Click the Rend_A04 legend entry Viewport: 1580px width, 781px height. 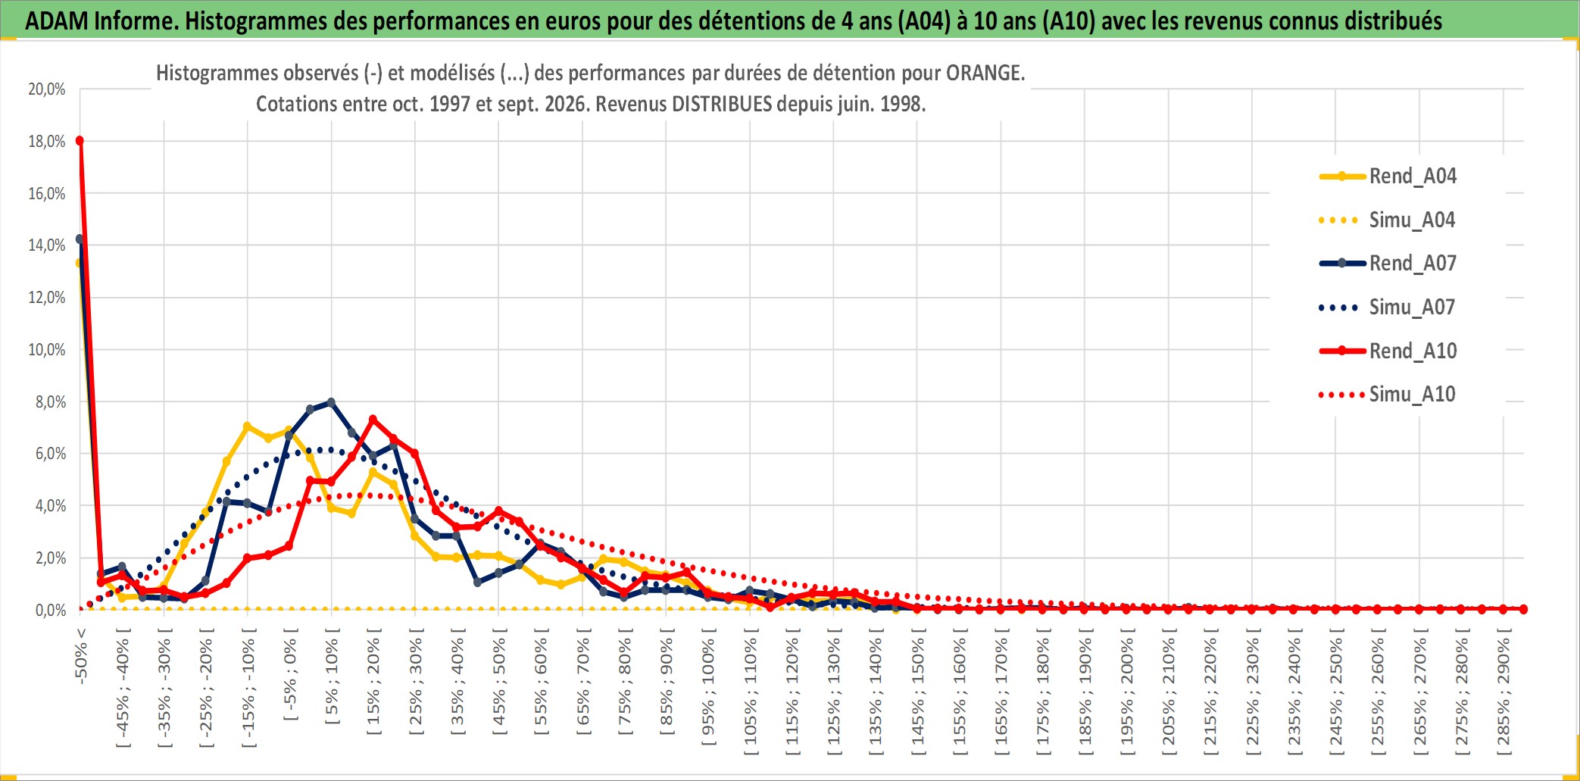1388,177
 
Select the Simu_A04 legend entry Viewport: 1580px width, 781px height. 1388,220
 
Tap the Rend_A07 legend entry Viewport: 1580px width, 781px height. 1388,264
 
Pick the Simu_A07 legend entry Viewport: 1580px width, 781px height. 1388,308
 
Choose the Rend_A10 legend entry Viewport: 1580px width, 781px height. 1388,351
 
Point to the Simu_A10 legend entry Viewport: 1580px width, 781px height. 1388,395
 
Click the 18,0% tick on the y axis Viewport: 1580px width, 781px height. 47,142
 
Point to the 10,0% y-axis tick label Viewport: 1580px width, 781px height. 47,350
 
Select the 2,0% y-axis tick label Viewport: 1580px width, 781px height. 51,558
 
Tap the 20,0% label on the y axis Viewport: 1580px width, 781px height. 47,89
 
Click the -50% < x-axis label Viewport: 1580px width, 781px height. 81,656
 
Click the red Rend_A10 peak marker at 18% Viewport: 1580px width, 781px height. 80,140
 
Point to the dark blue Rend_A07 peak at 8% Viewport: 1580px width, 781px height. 331,402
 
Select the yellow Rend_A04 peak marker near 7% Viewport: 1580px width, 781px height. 247,426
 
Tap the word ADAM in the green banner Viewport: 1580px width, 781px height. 57,20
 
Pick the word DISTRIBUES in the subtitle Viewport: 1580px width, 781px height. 720,104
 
